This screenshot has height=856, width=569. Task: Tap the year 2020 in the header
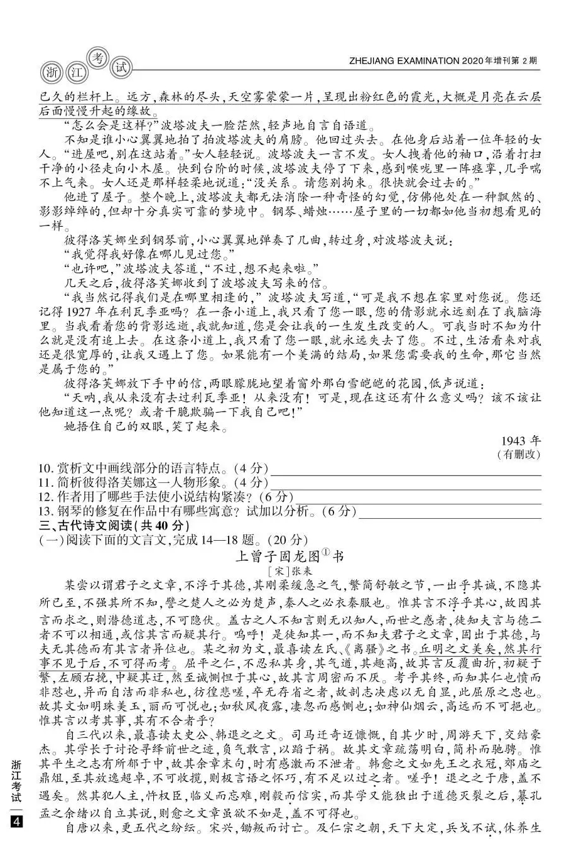click(473, 61)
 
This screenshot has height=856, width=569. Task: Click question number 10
click(45, 469)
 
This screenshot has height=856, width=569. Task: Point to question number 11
click(45, 483)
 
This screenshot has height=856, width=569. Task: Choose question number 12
click(45, 497)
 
